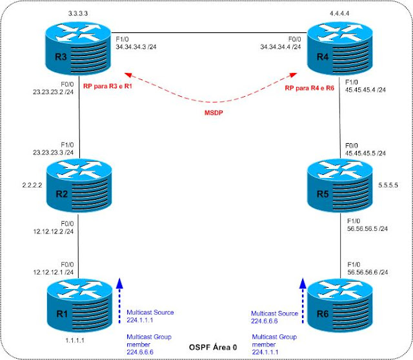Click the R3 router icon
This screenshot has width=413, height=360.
point(78,53)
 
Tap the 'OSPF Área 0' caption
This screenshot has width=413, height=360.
point(206,347)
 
